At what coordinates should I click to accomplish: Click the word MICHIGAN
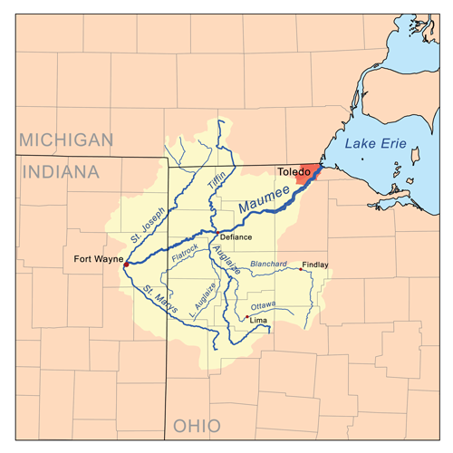point(67,140)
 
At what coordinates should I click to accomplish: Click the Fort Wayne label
point(97,260)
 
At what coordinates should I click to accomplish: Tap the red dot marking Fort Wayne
point(127,264)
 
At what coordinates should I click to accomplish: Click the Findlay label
point(315,265)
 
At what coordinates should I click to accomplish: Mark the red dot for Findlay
point(301,269)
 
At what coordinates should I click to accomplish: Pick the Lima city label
point(259,321)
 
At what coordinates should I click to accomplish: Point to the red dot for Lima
point(246,317)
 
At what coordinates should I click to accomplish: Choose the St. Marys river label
point(160,301)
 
